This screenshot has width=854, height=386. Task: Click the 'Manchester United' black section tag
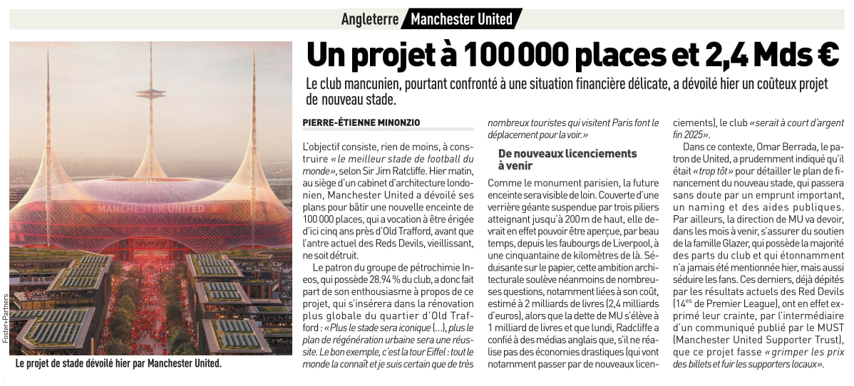[461, 19]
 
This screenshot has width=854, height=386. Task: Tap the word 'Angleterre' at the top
[369, 19]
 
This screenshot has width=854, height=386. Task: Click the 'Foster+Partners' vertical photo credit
[5, 317]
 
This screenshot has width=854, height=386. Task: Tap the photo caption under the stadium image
[118, 363]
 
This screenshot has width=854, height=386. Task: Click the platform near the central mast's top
[150, 93]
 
